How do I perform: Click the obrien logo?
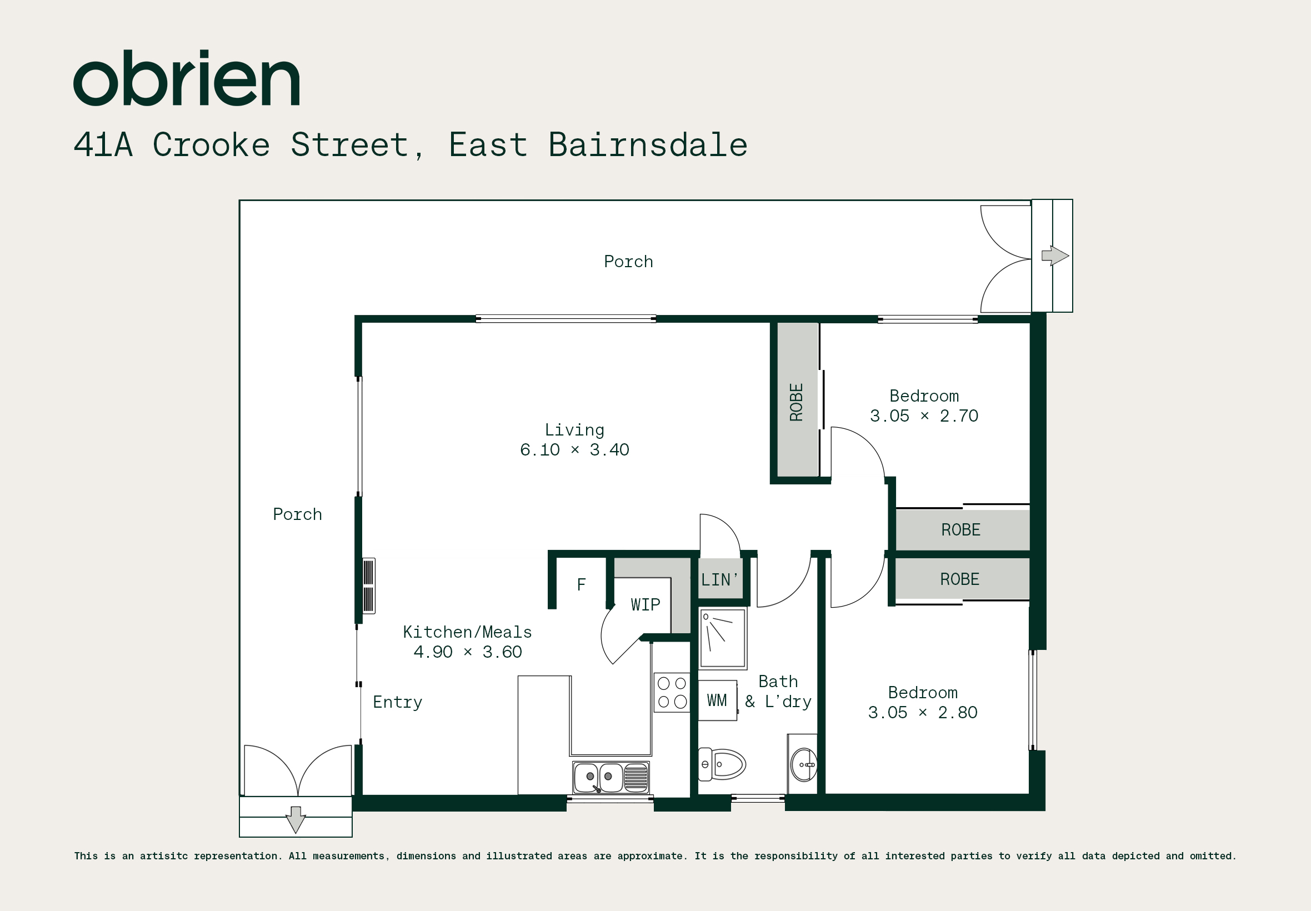coord(186,78)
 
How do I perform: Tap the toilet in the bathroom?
coord(722,764)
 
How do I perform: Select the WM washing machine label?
coord(717,700)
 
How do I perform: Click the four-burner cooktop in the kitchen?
coord(672,692)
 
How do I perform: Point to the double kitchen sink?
coord(611,777)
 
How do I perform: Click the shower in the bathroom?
coord(723,638)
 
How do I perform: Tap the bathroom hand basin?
coord(804,764)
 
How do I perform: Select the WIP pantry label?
coord(646,604)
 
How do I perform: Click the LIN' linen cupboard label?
coord(720,580)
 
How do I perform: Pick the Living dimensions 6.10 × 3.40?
coord(574,450)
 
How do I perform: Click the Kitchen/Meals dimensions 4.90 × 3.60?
coord(467,652)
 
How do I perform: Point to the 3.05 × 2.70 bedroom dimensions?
coord(924,416)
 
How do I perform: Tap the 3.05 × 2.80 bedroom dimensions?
coord(923,712)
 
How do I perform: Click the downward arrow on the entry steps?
coord(296,820)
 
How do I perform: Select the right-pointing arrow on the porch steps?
coord(1055,256)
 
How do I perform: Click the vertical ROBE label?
coord(796,402)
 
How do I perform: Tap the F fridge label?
coord(581,584)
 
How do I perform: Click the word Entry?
coord(398,703)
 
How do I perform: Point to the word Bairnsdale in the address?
coord(648,144)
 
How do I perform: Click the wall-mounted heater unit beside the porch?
coord(369,585)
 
